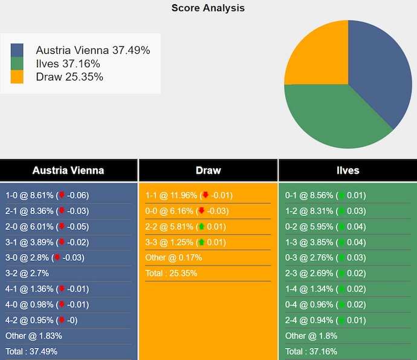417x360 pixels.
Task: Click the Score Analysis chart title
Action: pos(208,8)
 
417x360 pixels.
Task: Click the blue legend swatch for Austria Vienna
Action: pos(17,50)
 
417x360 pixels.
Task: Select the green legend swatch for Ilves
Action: pos(17,64)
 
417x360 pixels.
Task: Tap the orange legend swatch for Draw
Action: pos(17,77)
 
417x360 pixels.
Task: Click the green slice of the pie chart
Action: pos(332,118)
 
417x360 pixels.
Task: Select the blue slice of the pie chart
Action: pos(378,73)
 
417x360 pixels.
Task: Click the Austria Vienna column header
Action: pos(68,170)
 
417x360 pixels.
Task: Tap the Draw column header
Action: pos(208,170)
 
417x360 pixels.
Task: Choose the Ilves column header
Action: pos(347,170)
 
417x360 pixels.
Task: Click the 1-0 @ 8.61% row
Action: pos(47,195)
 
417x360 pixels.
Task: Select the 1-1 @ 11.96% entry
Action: pos(189,195)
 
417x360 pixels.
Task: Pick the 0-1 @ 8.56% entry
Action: pos(325,195)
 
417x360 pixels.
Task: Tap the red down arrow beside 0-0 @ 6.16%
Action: pos(202,211)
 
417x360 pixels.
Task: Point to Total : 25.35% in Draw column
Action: pos(171,273)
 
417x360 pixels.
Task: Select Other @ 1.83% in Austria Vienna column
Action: pos(34,336)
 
